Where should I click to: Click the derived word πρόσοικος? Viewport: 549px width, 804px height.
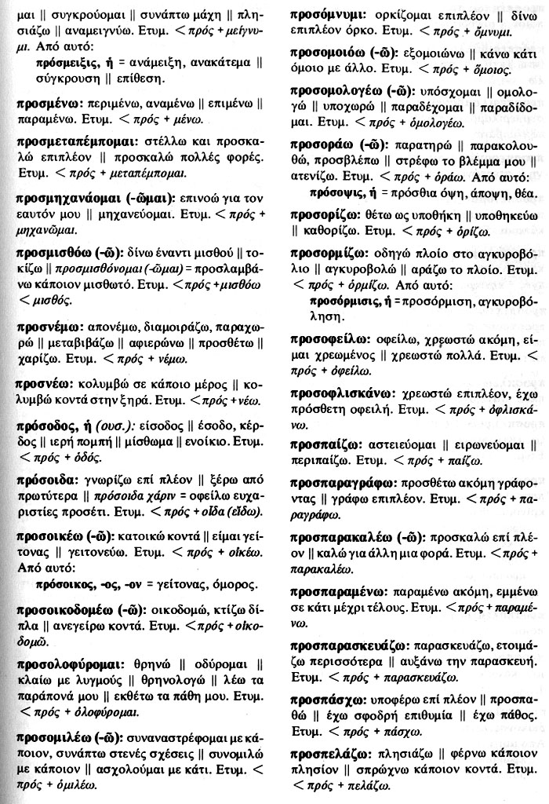pyautogui.click(x=66, y=584)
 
